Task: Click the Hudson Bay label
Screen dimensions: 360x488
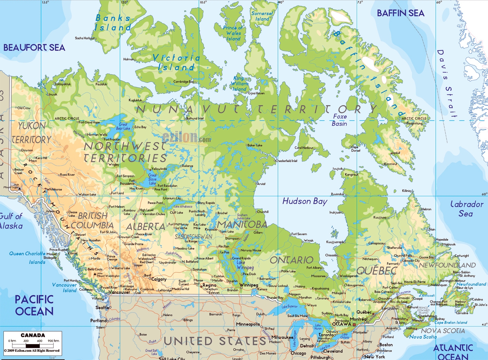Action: [304, 201]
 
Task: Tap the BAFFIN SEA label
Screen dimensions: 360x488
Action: [401, 13]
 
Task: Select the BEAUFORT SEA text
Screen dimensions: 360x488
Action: [34, 48]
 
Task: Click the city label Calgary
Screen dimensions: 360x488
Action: [159, 279]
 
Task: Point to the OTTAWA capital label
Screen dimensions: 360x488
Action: [341, 324]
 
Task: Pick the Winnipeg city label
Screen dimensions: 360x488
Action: [249, 285]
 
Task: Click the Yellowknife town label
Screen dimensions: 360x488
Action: [159, 169]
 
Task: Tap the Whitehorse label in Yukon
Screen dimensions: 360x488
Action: [54, 190]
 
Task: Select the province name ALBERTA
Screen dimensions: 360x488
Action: [146, 227]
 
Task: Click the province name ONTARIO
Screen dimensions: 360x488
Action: [291, 260]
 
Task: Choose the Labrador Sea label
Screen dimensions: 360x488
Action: [467, 209]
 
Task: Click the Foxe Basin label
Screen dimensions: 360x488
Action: [340, 120]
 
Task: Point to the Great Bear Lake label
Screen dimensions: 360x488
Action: [123, 126]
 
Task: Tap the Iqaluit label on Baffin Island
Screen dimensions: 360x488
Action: [396, 153]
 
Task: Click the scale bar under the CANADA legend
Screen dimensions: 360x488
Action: [33, 345]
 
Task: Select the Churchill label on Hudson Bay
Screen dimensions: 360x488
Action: [263, 212]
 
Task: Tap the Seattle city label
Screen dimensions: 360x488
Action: [102, 307]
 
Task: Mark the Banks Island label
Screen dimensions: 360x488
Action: [113, 23]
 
